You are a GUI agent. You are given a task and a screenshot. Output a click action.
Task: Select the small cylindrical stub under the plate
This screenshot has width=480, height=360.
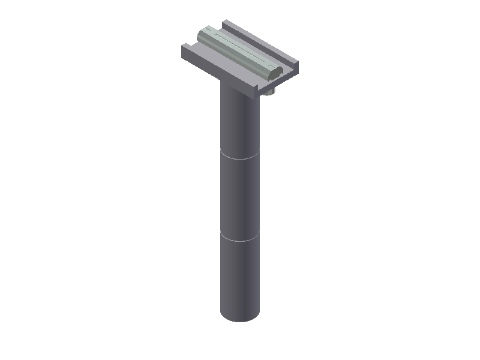pos(269,92)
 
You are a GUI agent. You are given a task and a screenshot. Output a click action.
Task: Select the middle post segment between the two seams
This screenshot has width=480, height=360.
pos(240,198)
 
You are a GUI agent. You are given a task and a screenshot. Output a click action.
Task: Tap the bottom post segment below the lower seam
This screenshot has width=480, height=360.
pos(240,276)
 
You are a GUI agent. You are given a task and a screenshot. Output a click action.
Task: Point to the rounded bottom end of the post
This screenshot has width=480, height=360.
pos(240,318)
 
